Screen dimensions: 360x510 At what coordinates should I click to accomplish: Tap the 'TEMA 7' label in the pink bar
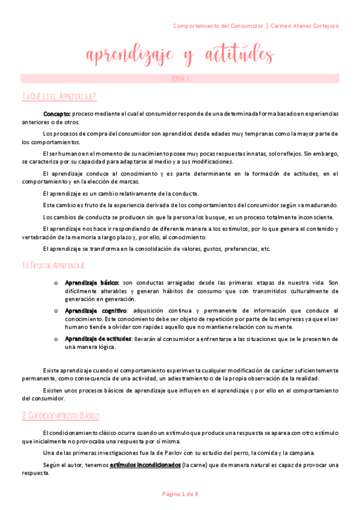(x=180, y=79)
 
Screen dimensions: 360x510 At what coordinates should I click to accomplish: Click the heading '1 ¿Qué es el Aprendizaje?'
(x=58, y=97)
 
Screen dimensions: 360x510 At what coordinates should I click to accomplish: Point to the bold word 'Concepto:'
(x=57, y=114)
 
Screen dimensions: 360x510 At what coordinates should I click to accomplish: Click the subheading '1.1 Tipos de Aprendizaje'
(x=53, y=265)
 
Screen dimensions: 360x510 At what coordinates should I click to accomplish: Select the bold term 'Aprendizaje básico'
(x=91, y=282)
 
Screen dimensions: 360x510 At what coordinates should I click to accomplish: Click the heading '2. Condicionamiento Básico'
(x=60, y=416)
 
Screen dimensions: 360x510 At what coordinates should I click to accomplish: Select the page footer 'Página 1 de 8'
(x=180, y=494)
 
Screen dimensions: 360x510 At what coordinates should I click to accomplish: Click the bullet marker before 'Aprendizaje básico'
(x=55, y=283)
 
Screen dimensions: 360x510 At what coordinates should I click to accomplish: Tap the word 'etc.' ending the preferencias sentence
(x=265, y=249)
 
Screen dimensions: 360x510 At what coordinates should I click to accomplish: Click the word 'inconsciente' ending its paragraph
(x=316, y=217)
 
